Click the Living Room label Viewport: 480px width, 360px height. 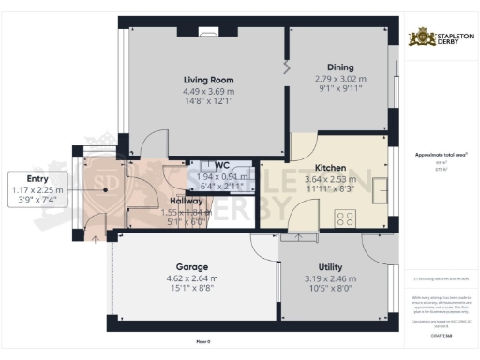[208, 80]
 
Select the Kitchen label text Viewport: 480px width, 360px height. [330, 168]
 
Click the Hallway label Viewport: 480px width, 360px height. [187, 200]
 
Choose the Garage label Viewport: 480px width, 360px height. [191, 266]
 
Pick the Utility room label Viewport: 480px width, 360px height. [330, 267]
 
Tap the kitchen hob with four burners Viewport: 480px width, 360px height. [343, 218]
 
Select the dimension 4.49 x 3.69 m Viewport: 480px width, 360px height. [208, 91]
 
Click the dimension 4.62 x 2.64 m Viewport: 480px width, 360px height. [191, 278]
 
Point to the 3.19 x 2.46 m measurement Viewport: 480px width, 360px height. [330, 278]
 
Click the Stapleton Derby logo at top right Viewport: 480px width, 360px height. [437, 37]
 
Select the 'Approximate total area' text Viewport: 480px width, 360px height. [435, 154]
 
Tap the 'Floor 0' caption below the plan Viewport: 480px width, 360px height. [202, 341]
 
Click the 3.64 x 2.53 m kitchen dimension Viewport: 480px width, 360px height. [330, 179]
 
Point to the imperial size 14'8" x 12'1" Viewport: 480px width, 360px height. [208, 101]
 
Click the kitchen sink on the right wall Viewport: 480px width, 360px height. [381, 190]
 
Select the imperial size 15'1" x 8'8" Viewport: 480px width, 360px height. [191, 289]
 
